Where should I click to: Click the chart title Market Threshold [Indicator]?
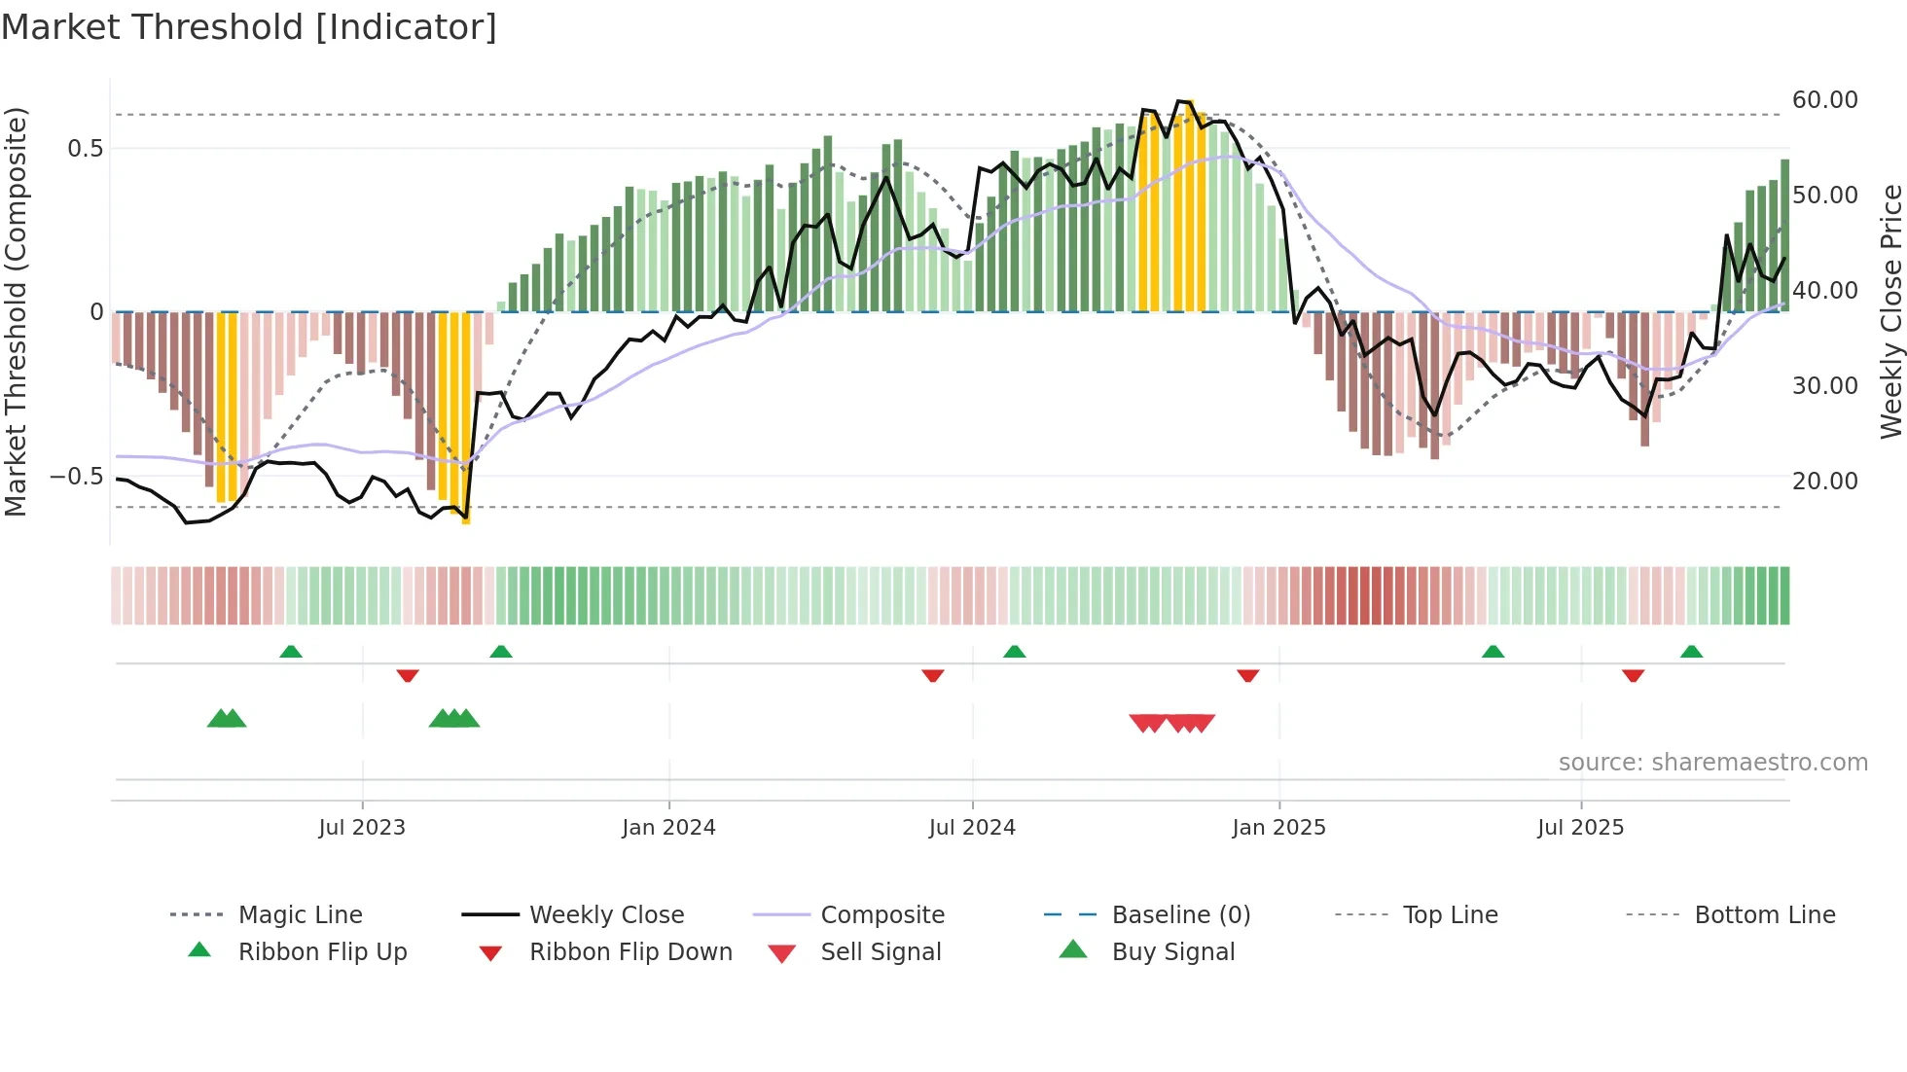click(x=249, y=27)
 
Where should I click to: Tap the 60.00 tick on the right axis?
click(x=1824, y=100)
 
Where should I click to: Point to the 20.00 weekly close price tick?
click(x=1824, y=482)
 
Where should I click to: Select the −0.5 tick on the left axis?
click(x=77, y=477)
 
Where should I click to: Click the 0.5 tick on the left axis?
click(x=85, y=149)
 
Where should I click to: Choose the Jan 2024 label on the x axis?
click(x=668, y=828)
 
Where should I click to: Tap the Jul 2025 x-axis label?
click(x=1580, y=828)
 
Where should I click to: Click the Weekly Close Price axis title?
click(x=1890, y=311)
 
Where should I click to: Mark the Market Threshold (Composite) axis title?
click(x=16, y=311)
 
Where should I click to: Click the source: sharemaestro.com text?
click(x=1712, y=763)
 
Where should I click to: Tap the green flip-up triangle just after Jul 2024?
click(x=1014, y=652)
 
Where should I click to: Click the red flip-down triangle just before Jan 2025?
click(x=1247, y=675)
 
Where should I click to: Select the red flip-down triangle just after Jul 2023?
click(x=408, y=675)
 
